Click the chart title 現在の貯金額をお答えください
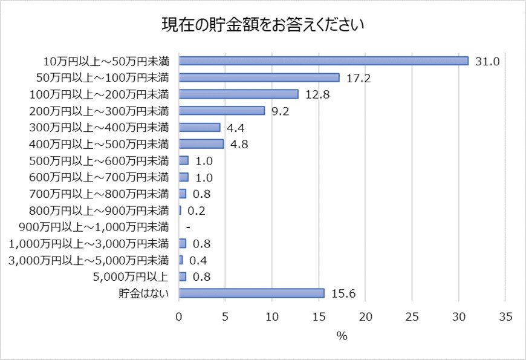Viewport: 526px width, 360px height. tap(262, 25)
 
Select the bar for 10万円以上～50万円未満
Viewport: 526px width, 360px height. tap(323, 61)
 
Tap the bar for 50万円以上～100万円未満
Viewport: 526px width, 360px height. tap(259, 77)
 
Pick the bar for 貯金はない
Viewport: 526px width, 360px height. tap(252, 293)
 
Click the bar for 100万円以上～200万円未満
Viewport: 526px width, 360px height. tap(239, 94)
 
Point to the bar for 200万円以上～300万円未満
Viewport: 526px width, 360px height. tap(222, 111)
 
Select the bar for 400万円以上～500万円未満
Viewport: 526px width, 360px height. tap(201, 144)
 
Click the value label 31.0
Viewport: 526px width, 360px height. tap(487, 61)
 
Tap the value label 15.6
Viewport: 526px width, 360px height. tap(343, 293)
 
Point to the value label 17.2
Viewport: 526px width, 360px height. tap(359, 78)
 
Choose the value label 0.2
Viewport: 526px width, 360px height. tap(197, 211)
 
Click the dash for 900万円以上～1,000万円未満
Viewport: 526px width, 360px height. tap(189, 227)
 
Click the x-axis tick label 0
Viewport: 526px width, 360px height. tap(179, 316)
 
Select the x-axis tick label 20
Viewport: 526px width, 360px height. tap(365, 316)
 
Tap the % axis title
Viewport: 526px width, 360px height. tap(342, 336)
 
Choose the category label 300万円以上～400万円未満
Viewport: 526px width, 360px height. tap(99, 128)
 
